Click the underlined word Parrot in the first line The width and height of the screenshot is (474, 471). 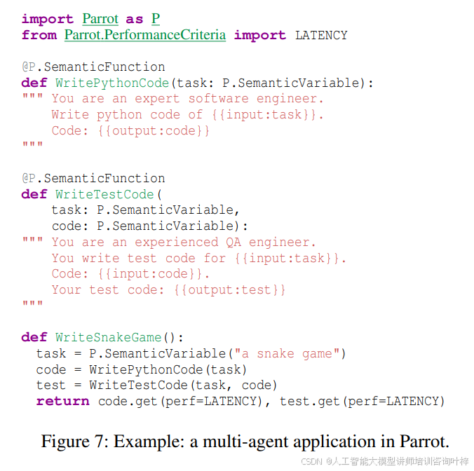(x=100, y=19)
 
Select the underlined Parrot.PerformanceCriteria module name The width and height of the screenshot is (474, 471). (x=145, y=35)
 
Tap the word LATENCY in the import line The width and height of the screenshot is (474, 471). (x=321, y=35)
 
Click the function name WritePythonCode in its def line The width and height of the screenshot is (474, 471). (x=112, y=83)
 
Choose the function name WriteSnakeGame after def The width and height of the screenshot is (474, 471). (x=108, y=337)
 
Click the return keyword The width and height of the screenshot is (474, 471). (x=62, y=401)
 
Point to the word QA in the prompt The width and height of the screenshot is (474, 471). (x=233, y=242)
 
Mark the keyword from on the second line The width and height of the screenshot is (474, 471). (x=39, y=35)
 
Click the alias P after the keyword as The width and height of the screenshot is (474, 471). (x=156, y=19)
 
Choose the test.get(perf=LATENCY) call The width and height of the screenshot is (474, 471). (x=363, y=401)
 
